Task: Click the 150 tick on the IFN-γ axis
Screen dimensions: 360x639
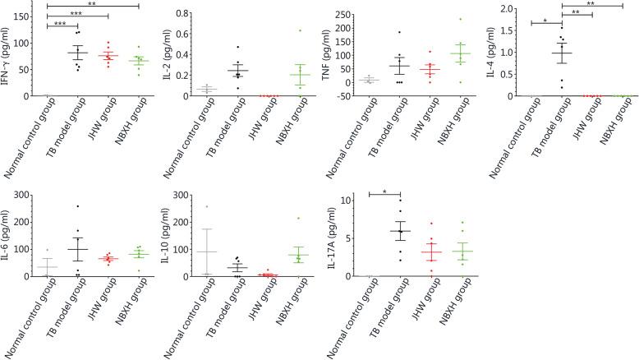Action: pyautogui.click(x=33, y=16)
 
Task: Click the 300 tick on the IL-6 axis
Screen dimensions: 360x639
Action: pyautogui.click(x=33, y=196)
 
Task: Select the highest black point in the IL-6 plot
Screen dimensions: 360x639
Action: pyautogui.click(x=78, y=206)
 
